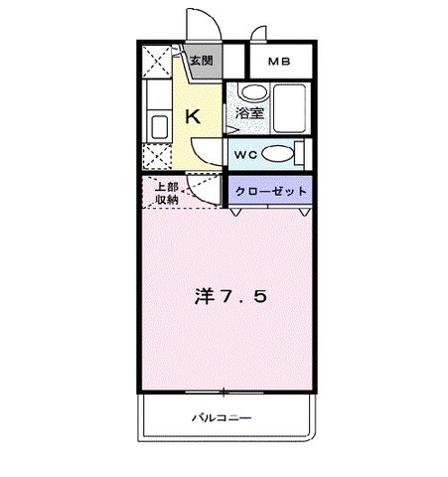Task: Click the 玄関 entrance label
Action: point(201,61)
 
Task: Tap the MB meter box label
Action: point(279,62)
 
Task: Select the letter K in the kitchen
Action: point(193,116)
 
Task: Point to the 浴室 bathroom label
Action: point(249,113)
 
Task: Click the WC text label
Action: point(245,155)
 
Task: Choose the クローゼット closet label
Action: point(270,191)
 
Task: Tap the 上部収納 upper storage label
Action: point(167,193)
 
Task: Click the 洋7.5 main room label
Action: point(230,296)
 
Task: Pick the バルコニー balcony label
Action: point(222,417)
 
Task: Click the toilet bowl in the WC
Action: point(278,154)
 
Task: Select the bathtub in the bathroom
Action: point(289,108)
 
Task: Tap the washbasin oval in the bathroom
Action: point(254,91)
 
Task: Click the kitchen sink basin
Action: point(160,127)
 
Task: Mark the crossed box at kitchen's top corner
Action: point(157,62)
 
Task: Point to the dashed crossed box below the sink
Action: point(157,156)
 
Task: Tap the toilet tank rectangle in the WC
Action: point(299,154)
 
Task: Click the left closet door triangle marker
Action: point(235,212)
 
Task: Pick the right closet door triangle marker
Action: point(304,212)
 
